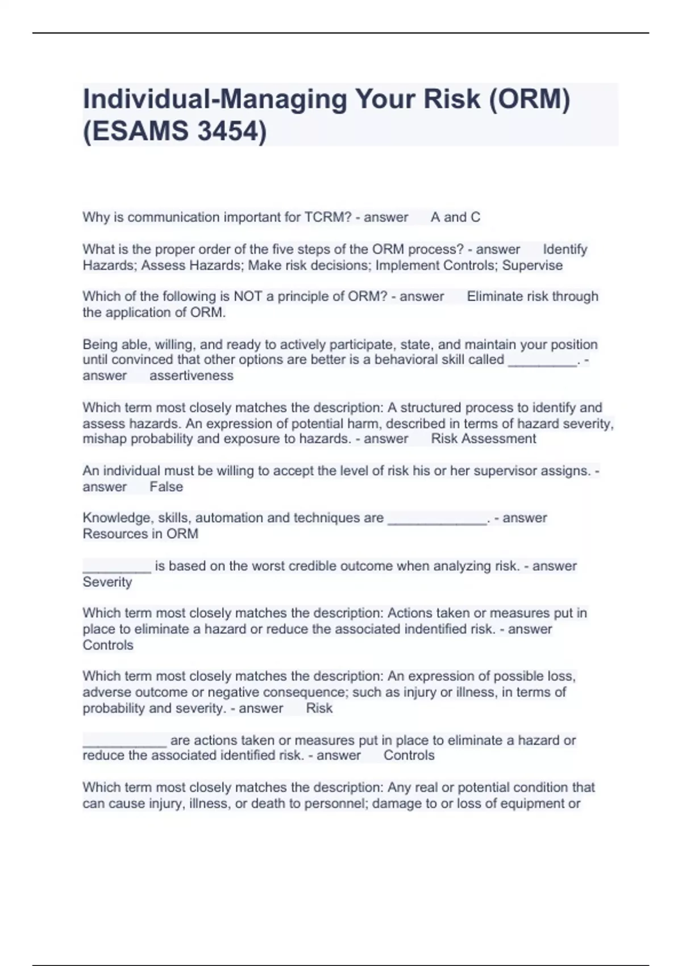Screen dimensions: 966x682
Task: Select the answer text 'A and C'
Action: point(455,217)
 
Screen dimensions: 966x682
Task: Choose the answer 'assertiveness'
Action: point(192,376)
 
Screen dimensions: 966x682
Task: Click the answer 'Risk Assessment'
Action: point(484,439)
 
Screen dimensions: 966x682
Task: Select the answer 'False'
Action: point(167,487)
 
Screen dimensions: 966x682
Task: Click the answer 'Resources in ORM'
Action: point(140,534)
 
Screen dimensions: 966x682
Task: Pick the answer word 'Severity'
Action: point(107,582)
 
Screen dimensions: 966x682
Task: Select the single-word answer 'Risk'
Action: point(319,708)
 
